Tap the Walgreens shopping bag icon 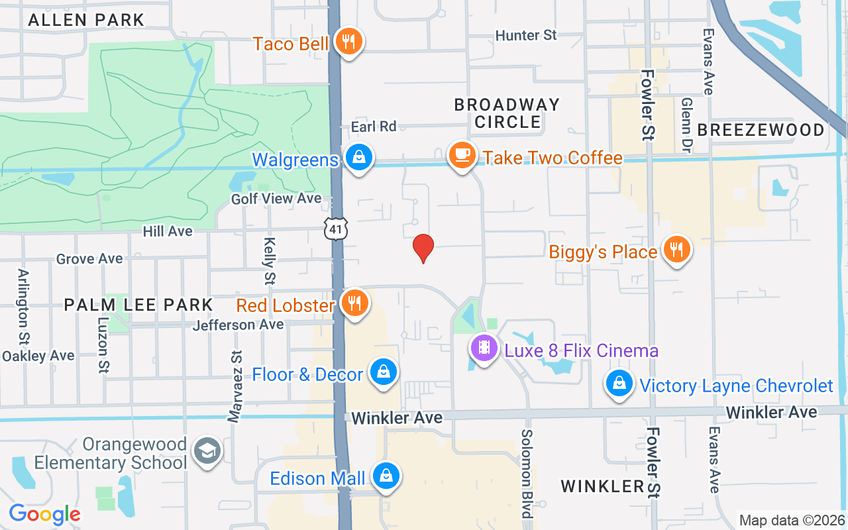click(358, 158)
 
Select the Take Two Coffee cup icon click(462, 156)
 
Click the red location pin click(423, 248)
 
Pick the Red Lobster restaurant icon click(355, 303)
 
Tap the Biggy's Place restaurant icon click(676, 250)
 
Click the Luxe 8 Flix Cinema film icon click(484, 348)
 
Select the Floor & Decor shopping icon click(383, 372)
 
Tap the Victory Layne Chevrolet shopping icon click(619, 384)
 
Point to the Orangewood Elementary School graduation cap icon click(207, 451)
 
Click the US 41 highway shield click(336, 229)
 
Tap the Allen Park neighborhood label click(86, 20)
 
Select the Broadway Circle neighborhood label click(507, 113)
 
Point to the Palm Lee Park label click(138, 305)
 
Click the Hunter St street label click(527, 35)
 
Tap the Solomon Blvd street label click(527, 473)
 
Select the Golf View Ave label click(276, 198)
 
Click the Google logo click(44, 514)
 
